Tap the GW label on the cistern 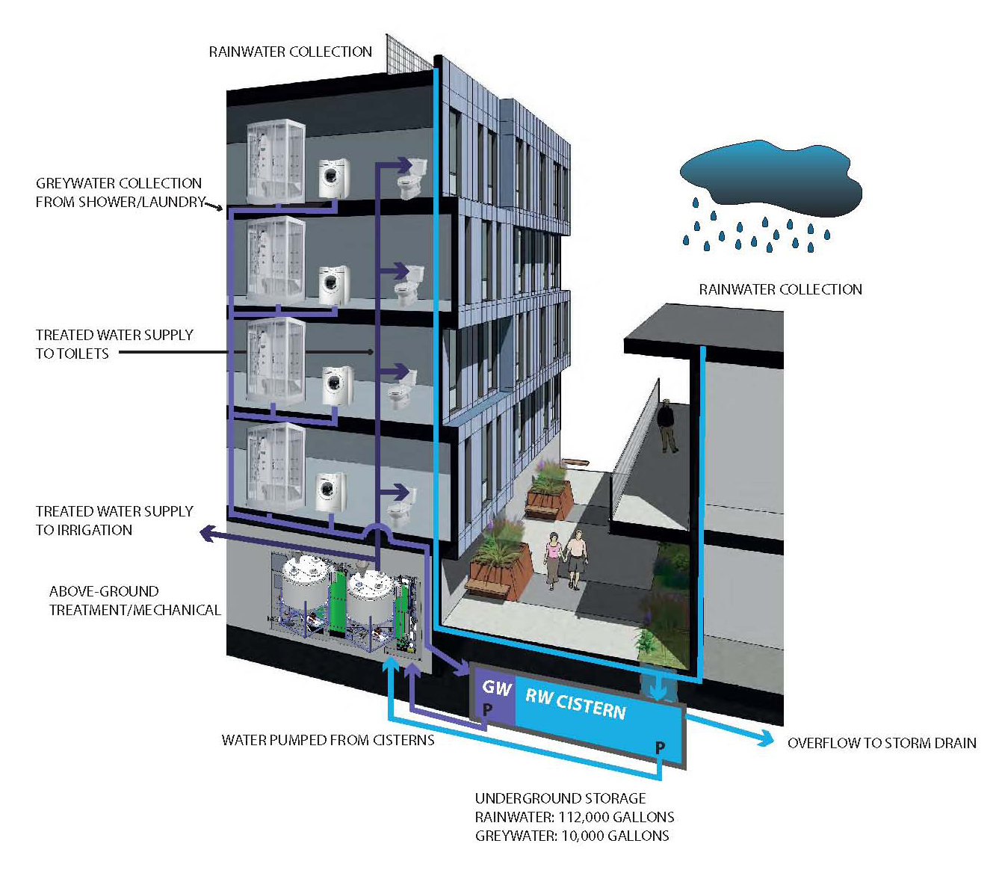coord(496,688)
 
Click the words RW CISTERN coord(575,703)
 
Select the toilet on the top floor coord(412,177)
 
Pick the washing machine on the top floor coord(330,178)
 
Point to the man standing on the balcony coord(666,425)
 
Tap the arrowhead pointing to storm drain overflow coord(766,738)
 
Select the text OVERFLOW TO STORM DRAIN coord(882,743)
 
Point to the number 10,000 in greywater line coord(585,836)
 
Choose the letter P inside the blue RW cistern coord(660,747)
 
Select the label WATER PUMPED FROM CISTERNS coord(328,740)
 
